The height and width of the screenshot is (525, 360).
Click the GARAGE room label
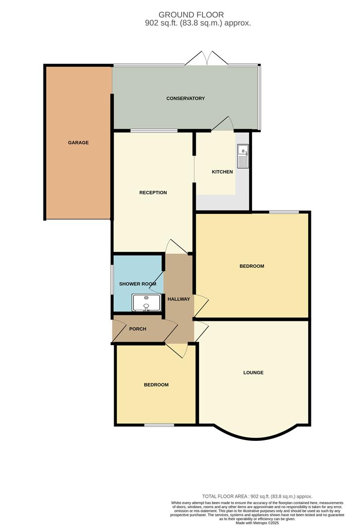(x=78, y=142)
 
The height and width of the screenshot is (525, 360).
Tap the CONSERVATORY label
(x=186, y=99)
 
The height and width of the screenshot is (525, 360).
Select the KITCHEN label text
(x=223, y=172)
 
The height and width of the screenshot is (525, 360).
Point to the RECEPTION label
(x=153, y=192)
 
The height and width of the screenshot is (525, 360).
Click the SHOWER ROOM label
(x=138, y=284)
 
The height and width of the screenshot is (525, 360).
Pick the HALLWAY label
(x=179, y=299)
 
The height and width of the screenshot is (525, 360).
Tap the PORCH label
(x=137, y=329)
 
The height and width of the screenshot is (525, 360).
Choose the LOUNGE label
(x=253, y=373)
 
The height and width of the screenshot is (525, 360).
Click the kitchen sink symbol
(x=242, y=156)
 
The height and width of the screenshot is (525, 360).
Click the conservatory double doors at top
(x=206, y=59)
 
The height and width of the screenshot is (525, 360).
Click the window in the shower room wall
(x=111, y=280)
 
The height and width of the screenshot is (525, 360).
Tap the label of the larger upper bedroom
(x=252, y=266)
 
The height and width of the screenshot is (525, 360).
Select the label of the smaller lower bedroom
(x=156, y=385)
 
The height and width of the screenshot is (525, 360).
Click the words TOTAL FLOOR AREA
(x=225, y=496)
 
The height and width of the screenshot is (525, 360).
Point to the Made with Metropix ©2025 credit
(x=257, y=523)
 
